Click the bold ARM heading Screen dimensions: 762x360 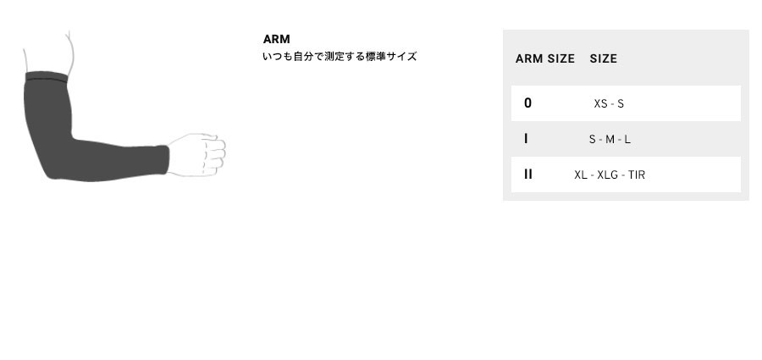click(277, 39)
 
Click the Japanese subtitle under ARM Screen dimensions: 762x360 click(340, 57)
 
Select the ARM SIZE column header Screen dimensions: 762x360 click(544, 58)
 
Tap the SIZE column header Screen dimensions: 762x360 click(603, 58)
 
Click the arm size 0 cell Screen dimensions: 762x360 click(527, 103)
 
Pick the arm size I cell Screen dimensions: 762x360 click(526, 139)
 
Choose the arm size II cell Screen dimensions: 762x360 click(528, 174)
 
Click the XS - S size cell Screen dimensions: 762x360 click(609, 103)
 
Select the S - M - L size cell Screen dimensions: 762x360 click(610, 140)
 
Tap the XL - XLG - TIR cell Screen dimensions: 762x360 click(610, 174)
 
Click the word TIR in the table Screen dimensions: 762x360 click(637, 174)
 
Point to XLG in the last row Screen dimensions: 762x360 click(607, 174)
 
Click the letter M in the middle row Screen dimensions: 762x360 click(610, 140)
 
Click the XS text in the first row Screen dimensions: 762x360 click(600, 103)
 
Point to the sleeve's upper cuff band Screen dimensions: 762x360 click(47, 77)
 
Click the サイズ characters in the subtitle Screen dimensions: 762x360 click(401, 57)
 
